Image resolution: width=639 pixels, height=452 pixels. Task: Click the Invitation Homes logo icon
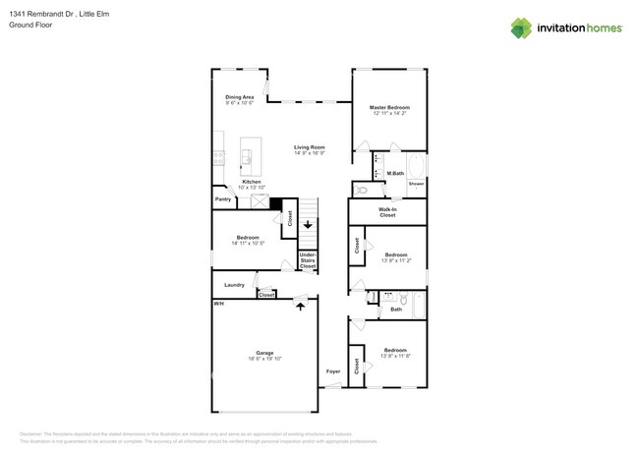click(522, 28)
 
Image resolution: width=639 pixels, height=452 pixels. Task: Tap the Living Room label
click(309, 147)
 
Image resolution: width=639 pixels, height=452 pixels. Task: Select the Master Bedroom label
click(389, 107)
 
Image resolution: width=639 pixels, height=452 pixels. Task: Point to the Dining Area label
click(240, 97)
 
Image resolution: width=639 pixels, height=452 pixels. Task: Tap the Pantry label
click(223, 199)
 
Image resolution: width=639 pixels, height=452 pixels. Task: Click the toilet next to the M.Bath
click(362, 190)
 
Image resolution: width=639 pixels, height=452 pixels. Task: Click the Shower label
click(416, 184)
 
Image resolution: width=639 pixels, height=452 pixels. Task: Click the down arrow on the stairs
click(308, 224)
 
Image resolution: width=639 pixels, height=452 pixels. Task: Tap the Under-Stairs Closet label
click(308, 260)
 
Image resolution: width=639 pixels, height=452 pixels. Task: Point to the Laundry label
click(234, 285)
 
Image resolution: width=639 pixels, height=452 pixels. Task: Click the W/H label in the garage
click(218, 304)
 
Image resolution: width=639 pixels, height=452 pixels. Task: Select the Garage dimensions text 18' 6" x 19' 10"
click(265, 360)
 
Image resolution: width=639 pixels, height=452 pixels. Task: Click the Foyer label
click(333, 371)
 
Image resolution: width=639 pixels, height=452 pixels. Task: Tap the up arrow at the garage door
click(302, 308)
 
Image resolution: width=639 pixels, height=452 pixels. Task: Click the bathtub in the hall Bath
click(417, 305)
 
